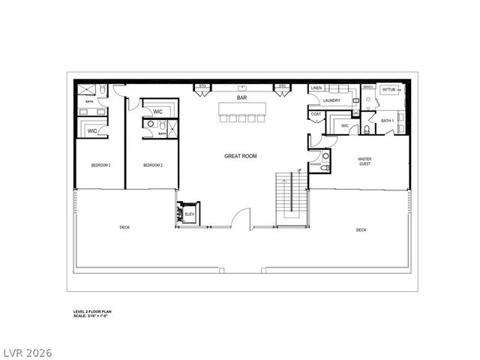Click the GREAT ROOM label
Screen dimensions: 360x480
click(x=241, y=156)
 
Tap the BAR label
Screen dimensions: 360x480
click(x=241, y=97)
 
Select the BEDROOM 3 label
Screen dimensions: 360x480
click(x=101, y=165)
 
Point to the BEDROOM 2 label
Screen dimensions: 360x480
click(x=153, y=165)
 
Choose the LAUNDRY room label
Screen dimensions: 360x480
click(x=331, y=100)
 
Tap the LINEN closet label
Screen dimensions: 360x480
click(x=316, y=88)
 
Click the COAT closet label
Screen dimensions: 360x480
click(x=316, y=115)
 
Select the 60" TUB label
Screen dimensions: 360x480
click(x=389, y=89)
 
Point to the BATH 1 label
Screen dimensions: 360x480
click(x=387, y=120)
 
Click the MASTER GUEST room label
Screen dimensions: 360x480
click(x=364, y=160)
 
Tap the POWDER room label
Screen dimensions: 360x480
click(x=316, y=164)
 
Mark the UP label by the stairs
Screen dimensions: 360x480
click(x=299, y=171)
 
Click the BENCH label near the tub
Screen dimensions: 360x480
click(x=367, y=87)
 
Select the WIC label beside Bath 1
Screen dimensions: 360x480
click(x=345, y=125)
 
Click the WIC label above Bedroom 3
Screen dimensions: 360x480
click(x=92, y=130)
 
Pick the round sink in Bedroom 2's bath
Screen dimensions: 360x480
click(x=150, y=124)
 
